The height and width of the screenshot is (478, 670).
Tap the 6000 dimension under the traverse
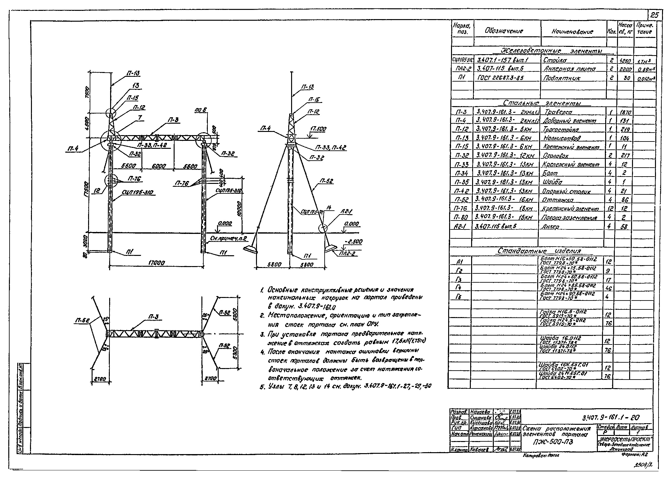159,166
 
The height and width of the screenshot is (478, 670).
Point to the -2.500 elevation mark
354,242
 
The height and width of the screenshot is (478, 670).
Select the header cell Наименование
572,32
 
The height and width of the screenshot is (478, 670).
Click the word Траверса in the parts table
559,112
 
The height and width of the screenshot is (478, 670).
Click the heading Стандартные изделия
539,251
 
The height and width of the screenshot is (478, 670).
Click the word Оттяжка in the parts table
558,200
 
